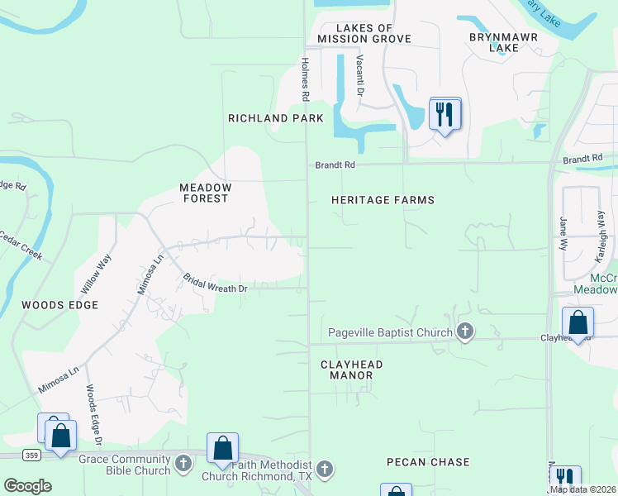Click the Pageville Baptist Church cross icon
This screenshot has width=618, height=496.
tap(465, 332)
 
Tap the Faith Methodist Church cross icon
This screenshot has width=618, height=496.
tap(325, 470)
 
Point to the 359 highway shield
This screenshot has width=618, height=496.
tap(31, 455)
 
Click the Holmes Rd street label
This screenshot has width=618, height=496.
tap(305, 79)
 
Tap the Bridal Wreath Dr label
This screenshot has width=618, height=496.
tap(216, 283)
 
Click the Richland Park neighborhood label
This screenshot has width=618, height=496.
tap(276, 118)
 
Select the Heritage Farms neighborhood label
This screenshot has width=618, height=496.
tap(383, 200)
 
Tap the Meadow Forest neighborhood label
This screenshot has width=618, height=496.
tap(206, 193)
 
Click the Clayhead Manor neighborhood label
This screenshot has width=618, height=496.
tap(346, 370)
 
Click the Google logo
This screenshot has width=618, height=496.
tap(27, 486)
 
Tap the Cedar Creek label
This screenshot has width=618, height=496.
tap(21, 246)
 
